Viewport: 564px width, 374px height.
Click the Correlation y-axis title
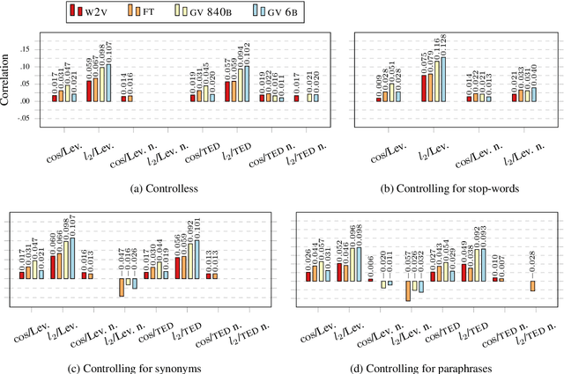[9, 84]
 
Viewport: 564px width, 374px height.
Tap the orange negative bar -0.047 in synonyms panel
[121, 287]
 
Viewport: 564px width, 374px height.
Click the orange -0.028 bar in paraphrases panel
[534, 284]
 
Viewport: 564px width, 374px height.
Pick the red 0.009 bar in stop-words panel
[379, 99]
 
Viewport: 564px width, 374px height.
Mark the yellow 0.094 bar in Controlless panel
[241, 84]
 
